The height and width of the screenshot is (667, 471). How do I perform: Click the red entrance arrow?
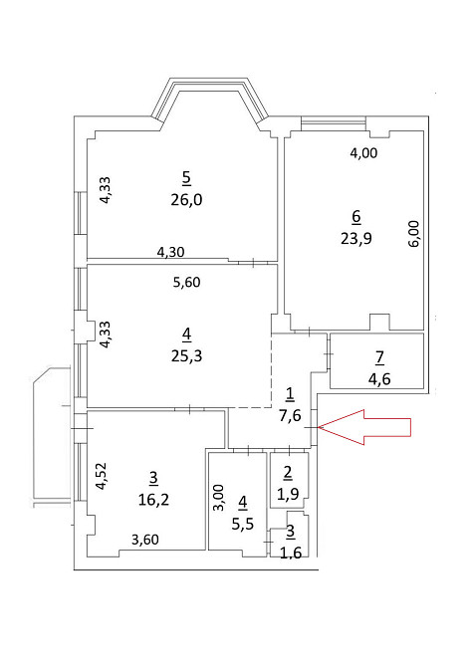click(x=364, y=427)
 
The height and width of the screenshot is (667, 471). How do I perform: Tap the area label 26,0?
click(x=186, y=199)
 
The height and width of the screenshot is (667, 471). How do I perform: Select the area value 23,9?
click(x=356, y=239)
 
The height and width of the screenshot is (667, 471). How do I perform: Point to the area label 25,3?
click(x=186, y=356)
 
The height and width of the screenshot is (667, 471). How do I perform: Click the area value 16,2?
click(x=153, y=499)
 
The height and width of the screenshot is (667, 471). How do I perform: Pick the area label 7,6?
click(x=290, y=415)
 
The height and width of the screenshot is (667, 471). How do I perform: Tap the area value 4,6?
click(x=379, y=378)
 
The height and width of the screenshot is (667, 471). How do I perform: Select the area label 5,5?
click(x=243, y=524)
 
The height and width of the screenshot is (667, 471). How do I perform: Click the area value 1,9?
click(x=288, y=494)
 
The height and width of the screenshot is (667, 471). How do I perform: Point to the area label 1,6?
click(x=291, y=553)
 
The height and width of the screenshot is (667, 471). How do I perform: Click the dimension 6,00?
click(x=413, y=234)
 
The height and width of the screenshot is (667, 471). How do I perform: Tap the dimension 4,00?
click(x=363, y=152)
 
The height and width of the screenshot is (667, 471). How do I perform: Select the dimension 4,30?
click(x=170, y=252)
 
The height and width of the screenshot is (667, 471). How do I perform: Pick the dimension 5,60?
click(x=187, y=282)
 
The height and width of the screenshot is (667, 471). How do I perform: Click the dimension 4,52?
click(x=102, y=476)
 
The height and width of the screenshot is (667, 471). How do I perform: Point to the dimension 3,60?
click(x=145, y=540)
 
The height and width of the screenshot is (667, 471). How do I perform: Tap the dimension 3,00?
click(x=218, y=498)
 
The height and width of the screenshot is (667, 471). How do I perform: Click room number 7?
click(x=379, y=357)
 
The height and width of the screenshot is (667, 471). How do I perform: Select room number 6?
click(x=356, y=217)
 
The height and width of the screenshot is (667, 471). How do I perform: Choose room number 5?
click(x=186, y=178)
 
